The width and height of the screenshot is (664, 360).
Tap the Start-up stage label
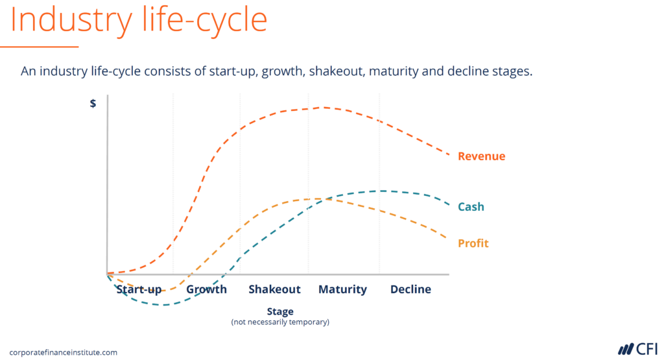[x=139, y=289]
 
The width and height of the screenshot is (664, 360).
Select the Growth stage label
[x=206, y=289]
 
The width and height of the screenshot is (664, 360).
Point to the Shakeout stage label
[x=274, y=289]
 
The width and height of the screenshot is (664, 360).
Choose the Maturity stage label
[x=342, y=289]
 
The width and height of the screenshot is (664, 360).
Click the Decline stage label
[x=410, y=289]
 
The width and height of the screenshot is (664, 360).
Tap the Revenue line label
[x=481, y=156]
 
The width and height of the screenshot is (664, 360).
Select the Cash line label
[x=471, y=207]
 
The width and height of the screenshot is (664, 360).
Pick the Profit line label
[x=473, y=243]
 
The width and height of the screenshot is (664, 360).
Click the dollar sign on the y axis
[x=93, y=103]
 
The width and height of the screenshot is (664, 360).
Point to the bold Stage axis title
[x=280, y=311]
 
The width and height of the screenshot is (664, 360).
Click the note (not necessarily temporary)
[x=280, y=322]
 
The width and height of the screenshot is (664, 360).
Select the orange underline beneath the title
[x=39, y=47]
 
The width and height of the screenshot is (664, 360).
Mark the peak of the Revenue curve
[x=323, y=108]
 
